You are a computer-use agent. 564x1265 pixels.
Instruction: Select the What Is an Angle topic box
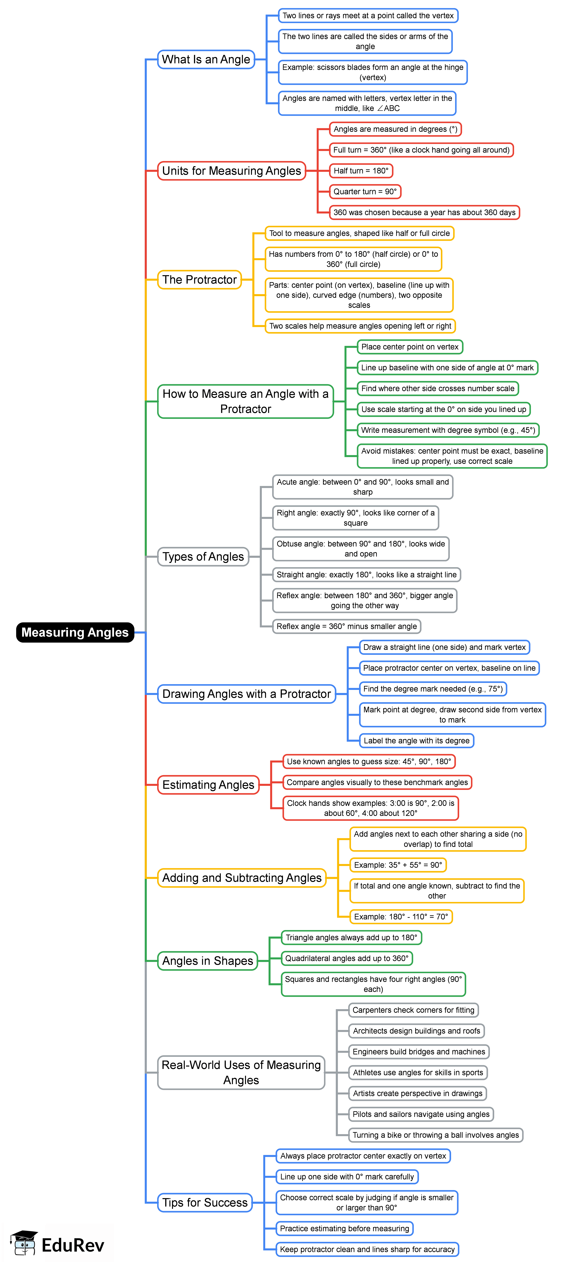206,59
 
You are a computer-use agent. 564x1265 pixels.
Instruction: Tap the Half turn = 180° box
361,171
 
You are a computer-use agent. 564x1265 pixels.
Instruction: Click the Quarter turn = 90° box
365,192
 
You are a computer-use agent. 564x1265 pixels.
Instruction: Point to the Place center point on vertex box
410,347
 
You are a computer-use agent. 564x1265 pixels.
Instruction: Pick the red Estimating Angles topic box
208,785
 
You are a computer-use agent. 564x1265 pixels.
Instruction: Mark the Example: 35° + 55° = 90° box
398,865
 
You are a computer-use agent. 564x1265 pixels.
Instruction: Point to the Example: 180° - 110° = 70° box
401,916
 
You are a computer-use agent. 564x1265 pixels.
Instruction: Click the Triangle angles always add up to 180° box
351,937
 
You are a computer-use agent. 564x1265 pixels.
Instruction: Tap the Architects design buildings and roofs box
416,1031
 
